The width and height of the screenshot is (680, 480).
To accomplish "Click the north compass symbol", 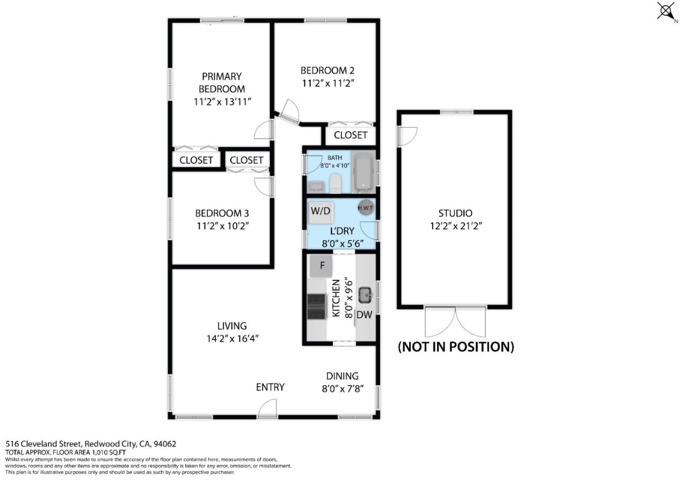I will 666,11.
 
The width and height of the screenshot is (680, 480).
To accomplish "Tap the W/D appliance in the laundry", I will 321,211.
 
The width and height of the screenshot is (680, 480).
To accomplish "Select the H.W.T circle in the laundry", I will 365,208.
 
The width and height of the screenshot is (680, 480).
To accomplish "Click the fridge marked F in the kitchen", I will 322,266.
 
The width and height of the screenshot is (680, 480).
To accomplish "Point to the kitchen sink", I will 365,296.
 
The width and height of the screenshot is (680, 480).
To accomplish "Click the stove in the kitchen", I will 316,306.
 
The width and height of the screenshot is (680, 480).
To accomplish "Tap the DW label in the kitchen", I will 364,315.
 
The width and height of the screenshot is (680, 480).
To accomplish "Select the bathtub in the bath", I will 363,172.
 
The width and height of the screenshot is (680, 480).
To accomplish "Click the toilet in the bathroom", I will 335,183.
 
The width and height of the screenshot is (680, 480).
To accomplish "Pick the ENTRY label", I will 270,387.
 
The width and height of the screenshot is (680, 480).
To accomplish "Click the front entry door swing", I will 268,408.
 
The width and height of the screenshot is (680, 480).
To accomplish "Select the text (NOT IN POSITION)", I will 456,347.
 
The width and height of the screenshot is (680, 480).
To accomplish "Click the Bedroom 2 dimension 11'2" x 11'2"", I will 328,83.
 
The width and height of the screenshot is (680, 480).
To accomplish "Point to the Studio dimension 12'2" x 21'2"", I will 455,226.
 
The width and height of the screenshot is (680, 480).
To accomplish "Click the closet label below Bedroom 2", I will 350,135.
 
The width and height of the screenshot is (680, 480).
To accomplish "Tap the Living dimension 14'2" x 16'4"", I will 232,339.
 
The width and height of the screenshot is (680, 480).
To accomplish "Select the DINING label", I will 342,376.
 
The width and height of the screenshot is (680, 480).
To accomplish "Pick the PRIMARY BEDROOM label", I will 221,83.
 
